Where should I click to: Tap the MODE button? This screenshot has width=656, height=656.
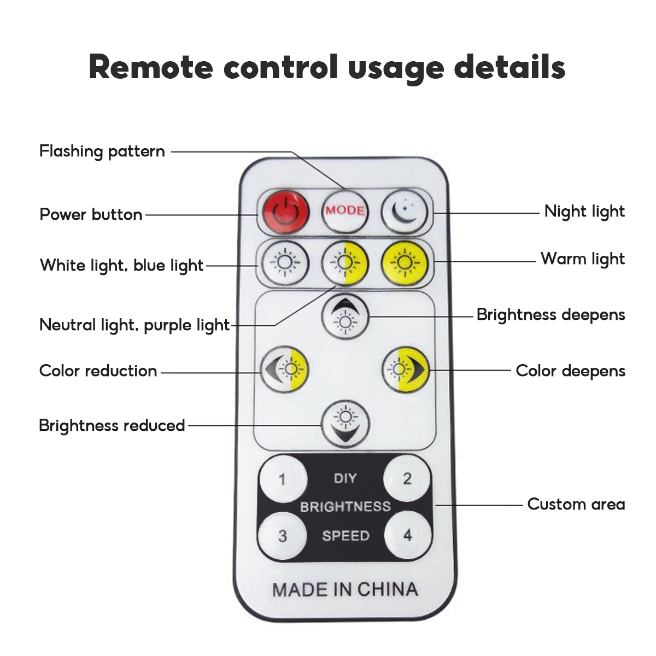point(345,210)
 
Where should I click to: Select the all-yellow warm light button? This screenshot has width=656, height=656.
point(405,263)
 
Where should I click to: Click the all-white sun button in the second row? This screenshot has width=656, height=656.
point(285,263)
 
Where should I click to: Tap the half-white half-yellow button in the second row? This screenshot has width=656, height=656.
point(344,263)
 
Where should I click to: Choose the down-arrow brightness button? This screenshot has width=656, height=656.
point(345,424)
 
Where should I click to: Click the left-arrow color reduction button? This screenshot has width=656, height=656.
point(285,370)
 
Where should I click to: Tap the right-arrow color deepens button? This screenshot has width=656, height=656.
point(406,370)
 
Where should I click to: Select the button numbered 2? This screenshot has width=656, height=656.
point(407,479)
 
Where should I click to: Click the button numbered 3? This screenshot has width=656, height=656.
point(282,536)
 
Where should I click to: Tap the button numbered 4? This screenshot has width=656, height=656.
point(407,535)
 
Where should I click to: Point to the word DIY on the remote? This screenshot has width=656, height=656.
point(345,479)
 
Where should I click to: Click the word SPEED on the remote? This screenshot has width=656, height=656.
point(345,536)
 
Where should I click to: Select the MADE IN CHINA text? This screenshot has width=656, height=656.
point(345,589)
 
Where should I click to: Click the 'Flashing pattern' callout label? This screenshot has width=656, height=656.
point(102,151)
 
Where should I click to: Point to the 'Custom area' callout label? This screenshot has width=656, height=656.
point(576,504)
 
